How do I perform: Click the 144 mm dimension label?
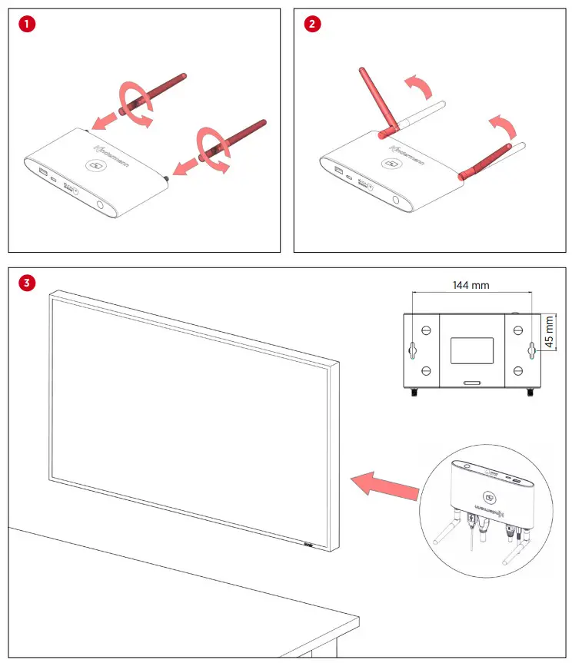point(471,285)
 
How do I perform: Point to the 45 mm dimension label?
point(549,332)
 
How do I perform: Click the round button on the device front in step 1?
point(101,205)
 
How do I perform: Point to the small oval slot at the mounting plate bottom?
point(471,382)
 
